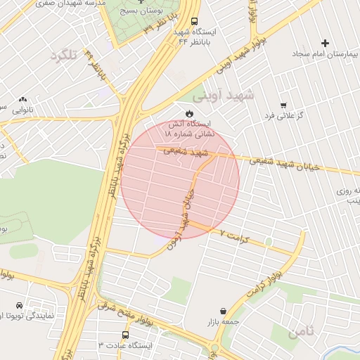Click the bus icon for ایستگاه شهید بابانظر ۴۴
coord(195,22)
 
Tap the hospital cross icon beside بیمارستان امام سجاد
coord(324,44)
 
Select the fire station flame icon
coord(189,113)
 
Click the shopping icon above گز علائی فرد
coord(283,105)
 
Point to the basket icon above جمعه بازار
coord(223,311)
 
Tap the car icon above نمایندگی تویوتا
coord(19,305)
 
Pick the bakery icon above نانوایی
coord(23,101)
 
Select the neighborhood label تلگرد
coord(63,56)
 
